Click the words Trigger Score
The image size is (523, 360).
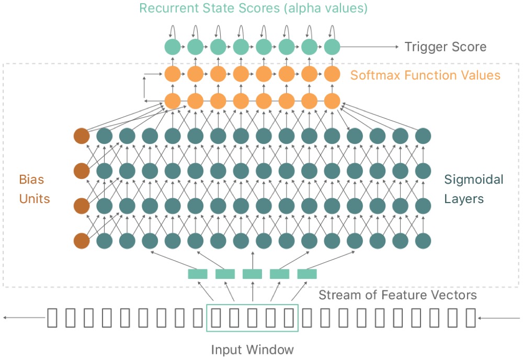pos(445,47)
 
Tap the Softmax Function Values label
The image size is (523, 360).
pos(425,75)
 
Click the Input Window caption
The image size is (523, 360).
pos(253,350)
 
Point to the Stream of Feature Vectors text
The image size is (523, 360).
pos(397,295)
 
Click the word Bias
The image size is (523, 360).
pos(32,179)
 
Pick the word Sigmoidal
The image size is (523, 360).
pos(474,179)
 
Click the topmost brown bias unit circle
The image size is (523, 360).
pos(82,136)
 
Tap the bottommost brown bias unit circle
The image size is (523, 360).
pos(82,241)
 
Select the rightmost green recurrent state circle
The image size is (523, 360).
pos(332,47)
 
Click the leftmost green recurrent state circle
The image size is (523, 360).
pos(173,47)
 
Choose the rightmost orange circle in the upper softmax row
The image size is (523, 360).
pos(332,74)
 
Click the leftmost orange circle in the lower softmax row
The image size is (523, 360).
pos(173,101)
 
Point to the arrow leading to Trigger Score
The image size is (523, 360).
pos(369,47)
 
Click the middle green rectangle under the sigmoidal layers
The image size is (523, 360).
pos(252,274)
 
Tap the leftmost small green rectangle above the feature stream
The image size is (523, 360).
pos(198,274)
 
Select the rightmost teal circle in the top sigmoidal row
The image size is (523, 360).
pos(423,136)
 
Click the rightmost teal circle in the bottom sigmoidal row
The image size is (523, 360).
pos(423,241)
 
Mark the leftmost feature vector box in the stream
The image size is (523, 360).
pos(52,318)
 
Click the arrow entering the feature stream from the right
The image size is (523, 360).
pos(498,318)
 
